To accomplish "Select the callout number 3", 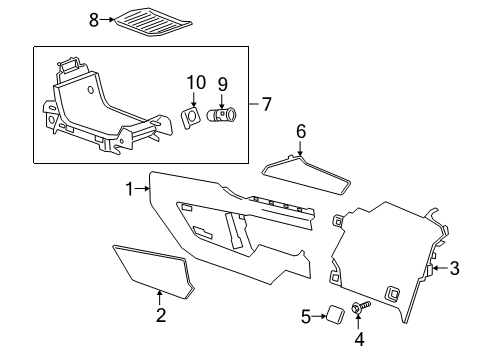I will pyautogui.click(x=454, y=268).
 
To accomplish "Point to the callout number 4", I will pyautogui.click(x=359, y=338).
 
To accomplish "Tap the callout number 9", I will pyautogui.click(x=223, y=84).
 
